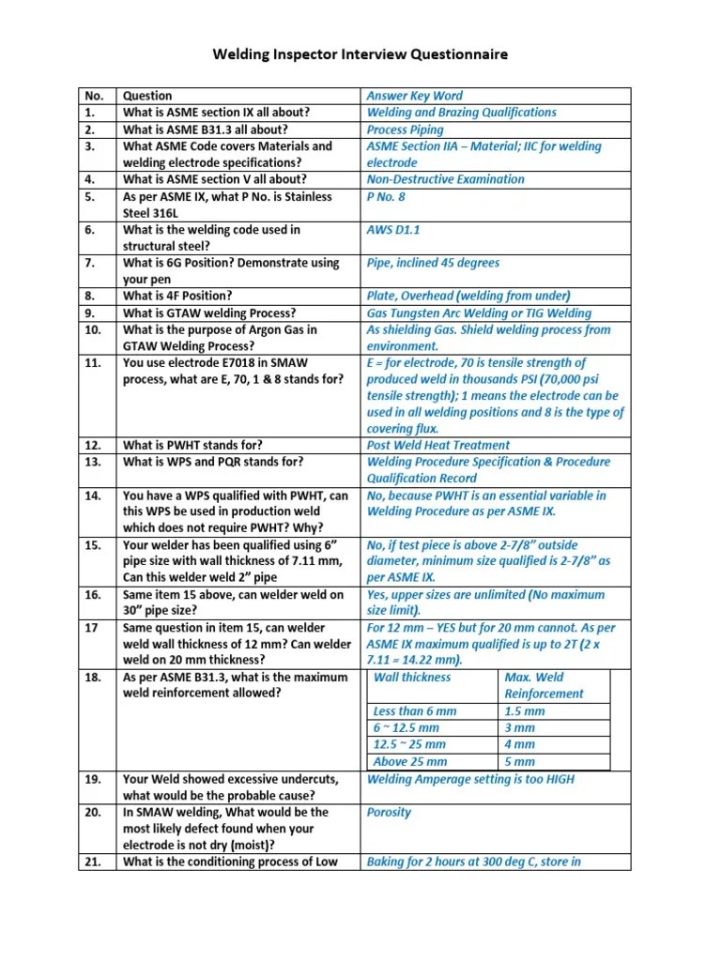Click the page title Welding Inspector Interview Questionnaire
click(x=360, y=54)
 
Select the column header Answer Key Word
click(x=414, y=96)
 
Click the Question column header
click(x=147, y=96)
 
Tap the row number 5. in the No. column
click(x=91, y=196)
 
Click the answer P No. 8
click(x=386, y=196)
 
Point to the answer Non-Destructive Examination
click(x=445, y=179)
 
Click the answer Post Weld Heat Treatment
click(x=437, y=446)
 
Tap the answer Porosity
click(x=389, y=813)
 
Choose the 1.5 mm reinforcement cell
click(x=524, y=711)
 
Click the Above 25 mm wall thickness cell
click(x=409, y=762)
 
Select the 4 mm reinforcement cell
click(x=519, y=745)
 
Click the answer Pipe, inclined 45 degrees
click(x=433, y=264)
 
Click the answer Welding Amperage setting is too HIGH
click(x=470, y=779)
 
